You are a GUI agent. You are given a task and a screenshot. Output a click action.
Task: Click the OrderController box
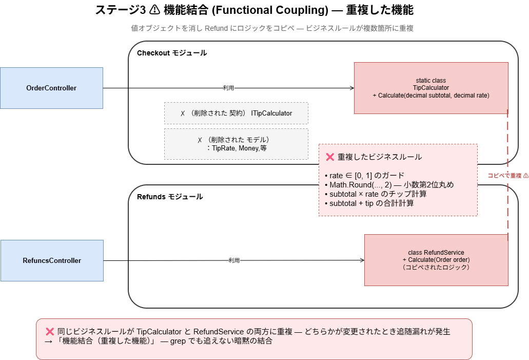point(52,88)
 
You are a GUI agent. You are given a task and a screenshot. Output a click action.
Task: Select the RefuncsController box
point(52,261)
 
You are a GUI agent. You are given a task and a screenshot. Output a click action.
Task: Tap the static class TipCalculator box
point(431,88)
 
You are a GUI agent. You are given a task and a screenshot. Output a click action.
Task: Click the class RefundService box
point(436,260)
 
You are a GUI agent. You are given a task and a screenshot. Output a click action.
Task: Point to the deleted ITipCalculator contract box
point(236,113)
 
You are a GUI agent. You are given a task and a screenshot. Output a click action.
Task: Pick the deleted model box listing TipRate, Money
point(236,144)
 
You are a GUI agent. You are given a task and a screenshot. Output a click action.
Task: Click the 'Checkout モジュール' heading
point(172,53)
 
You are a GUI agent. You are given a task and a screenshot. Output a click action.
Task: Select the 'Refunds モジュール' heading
point(170,197)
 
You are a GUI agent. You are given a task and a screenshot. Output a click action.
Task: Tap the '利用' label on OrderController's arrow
point(228,88)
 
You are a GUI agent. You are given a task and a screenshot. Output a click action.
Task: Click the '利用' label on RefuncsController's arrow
point(234,260)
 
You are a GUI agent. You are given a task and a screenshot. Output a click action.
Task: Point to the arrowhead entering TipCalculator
point(352,88)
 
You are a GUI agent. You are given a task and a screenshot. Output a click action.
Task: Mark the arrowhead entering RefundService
point(362,260)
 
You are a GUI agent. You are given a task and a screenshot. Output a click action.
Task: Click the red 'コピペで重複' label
point(508,176)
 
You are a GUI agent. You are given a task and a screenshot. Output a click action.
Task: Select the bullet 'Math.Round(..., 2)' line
point(389,185)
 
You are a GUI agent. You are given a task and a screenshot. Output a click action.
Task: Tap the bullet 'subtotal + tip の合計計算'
point(369,203)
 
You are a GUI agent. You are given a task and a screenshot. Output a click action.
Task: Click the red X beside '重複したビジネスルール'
point(330,157)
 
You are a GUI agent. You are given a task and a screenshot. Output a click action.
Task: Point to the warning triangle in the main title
point(154,10)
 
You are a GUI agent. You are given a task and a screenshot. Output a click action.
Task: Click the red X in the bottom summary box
point(50,332)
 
